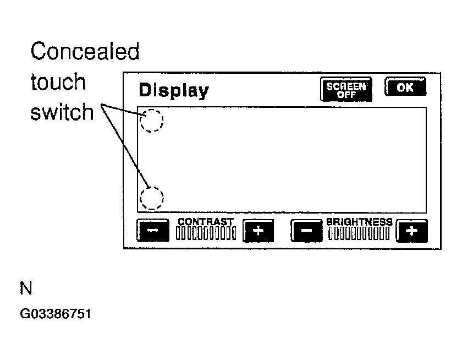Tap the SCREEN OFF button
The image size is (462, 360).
pos(346,89)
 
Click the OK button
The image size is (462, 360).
pos(405,86)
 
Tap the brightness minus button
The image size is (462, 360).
pos(306,231)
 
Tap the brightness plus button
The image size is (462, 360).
pos(412,231)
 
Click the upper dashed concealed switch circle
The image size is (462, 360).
pos(140,121)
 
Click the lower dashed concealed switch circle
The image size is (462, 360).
pos(140,198)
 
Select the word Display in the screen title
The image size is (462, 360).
pos(174,90)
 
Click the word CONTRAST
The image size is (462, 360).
pos(206,222)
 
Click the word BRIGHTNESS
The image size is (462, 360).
pos(360,222)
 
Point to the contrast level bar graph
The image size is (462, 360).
pos(206,233)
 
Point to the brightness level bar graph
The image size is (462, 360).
pos(359,233)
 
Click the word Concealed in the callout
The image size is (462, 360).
pos(85,51)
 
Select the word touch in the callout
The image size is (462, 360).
pos(58,81)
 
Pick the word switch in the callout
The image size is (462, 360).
pos(62,112)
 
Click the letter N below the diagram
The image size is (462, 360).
pos(26,288)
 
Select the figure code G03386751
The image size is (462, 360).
pos(56,314)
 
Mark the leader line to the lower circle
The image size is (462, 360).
pos(125,146)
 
